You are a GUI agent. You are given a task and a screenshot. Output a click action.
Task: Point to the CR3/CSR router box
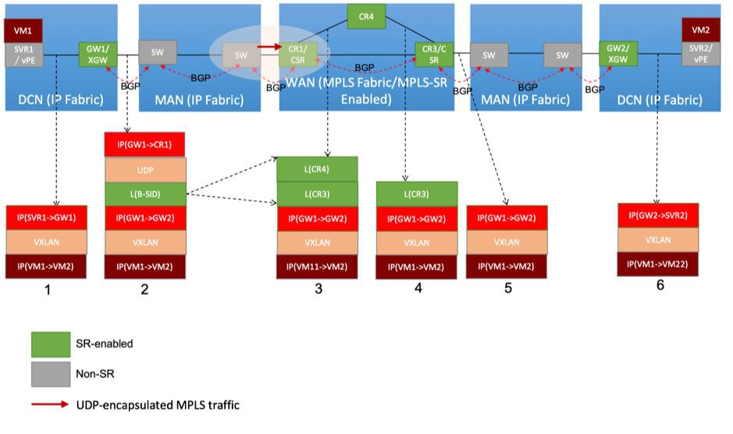(x=434, y=54)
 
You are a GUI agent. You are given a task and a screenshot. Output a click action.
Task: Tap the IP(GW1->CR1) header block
(x=144, y=145)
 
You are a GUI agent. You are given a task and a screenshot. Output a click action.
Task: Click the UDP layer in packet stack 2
(x=144, y=169)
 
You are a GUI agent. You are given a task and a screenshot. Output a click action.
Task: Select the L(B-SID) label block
(x=144, y=194)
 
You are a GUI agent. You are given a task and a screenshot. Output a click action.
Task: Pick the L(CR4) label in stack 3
(x=317, y=169)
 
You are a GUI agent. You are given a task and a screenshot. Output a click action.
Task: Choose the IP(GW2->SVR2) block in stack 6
(x=657, y=215)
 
